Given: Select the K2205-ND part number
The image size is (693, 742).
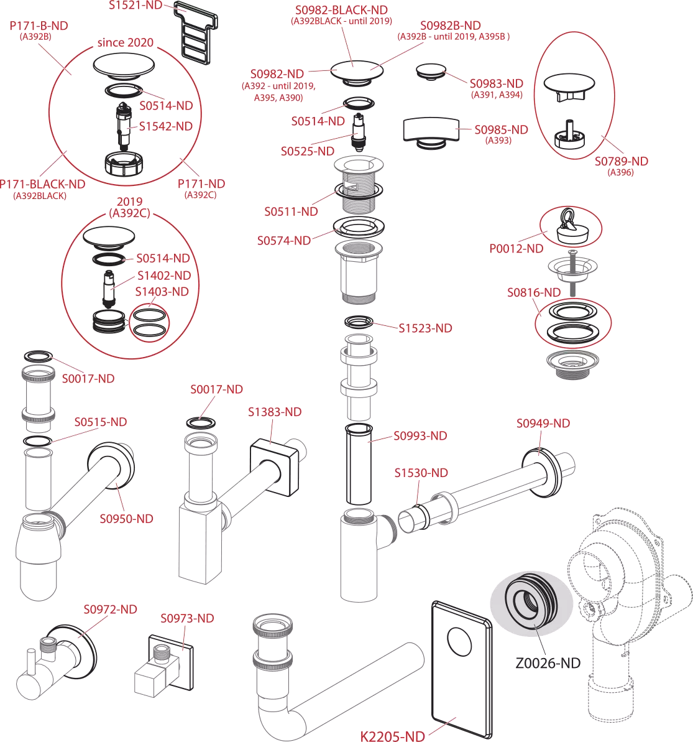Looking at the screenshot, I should click(393, 736).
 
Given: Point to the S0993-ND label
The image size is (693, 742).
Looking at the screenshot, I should click(420, 436).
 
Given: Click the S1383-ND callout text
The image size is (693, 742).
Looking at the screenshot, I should click(275, 412).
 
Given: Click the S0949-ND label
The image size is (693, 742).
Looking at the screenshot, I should click(543, 423).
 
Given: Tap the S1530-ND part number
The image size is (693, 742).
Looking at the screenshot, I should click(421, 473).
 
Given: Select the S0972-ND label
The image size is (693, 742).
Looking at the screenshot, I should click(111, 609).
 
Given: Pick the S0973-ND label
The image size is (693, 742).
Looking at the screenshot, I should click(187, 618).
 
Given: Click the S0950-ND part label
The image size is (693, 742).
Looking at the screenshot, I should click(127, 519).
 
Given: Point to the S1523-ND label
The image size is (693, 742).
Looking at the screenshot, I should click(425, 328).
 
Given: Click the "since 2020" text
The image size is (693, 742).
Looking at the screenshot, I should click(125, 44).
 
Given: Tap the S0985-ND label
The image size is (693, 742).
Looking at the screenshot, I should click(501, 129).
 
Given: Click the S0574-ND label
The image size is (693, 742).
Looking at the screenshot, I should click(284, 240).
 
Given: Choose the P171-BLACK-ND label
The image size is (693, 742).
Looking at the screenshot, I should click(43, 184).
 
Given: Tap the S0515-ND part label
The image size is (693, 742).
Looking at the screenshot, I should click(101, 422).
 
